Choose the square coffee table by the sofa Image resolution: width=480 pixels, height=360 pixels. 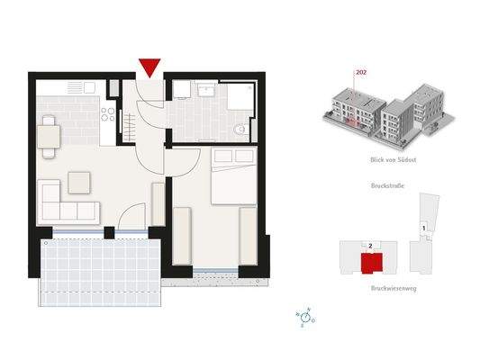coord(79,182)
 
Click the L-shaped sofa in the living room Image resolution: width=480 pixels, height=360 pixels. coord(63,205)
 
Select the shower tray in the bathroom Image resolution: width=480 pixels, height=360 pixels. coord(240,95)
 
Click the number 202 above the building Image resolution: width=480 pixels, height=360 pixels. coord(361,72)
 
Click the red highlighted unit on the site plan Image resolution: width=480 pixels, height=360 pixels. coord(369,263)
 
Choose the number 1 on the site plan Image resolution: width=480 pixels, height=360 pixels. coord(422,229)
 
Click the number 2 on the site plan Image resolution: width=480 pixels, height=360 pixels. coord(370,244)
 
